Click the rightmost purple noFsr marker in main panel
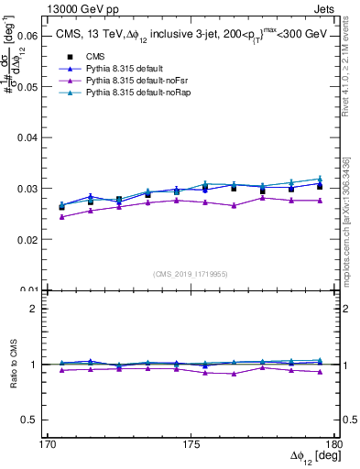click(320, 201)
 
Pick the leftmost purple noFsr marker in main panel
click(61, 217)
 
